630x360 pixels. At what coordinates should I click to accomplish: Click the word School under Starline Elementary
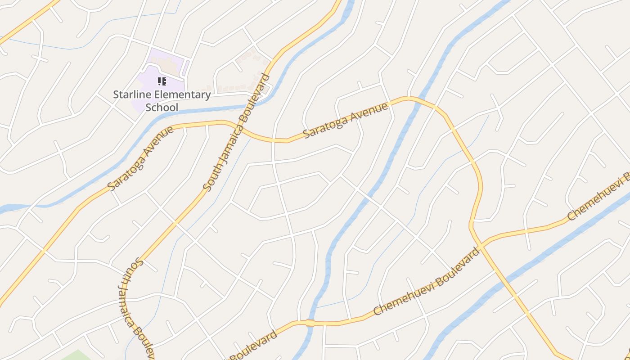pos(162,107)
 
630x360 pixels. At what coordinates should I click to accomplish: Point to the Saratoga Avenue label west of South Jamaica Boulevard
pos(141,158)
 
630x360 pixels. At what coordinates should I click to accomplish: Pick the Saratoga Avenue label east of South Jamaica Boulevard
pos(345,121)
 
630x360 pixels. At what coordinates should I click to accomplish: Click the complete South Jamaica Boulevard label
pos(236,132)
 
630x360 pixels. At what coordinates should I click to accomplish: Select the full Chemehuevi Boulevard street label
pos(427,281)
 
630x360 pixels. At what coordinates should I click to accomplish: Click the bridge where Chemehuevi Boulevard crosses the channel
pos(310,323)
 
